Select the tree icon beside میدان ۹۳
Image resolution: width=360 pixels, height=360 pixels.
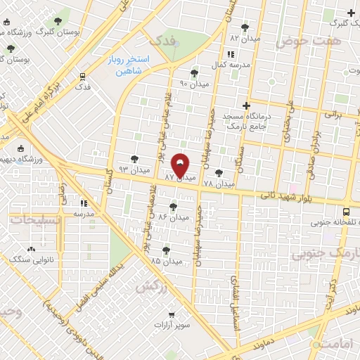(x=134, y=160)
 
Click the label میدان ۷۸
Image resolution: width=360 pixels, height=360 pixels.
(x=219, y=184)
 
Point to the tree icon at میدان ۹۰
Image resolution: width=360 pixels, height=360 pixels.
(x=194, y=72)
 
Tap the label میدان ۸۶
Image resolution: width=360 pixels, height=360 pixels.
(x=174, y=217)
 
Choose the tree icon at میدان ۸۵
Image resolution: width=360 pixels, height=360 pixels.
(x=166, y=250)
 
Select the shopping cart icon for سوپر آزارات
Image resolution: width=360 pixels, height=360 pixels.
(x=171, y=316)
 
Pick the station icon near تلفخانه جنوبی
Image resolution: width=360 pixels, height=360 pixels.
(x=345, y=212)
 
